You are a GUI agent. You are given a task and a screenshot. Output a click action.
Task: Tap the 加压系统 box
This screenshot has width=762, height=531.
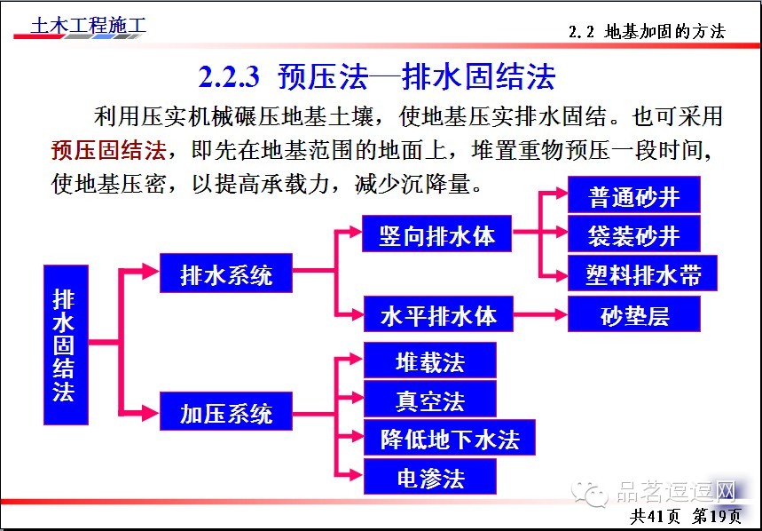(x=226, y=413)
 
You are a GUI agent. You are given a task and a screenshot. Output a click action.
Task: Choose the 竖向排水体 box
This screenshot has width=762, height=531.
(x=437, y=236)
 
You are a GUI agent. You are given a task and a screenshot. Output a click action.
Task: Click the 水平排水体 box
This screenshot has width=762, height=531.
(x=438, y=315)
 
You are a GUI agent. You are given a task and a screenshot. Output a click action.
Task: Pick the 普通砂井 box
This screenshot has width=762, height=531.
(x=634, y=195)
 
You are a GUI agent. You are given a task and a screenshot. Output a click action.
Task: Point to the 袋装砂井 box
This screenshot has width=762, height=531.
(x=634, y=234)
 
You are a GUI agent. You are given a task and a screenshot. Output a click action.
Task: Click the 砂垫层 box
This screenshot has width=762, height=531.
(x=634, y=315)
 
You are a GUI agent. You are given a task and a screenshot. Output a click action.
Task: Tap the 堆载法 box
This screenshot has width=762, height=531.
(x=429, y=361)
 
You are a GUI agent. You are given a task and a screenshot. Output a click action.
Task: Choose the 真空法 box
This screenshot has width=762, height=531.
(x=429, y=400)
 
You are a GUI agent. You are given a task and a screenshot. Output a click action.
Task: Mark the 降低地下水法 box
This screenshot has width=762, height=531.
(x=450, y=439)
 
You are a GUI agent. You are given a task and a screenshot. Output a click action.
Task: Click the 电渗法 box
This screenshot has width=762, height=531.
(x=429, y=478)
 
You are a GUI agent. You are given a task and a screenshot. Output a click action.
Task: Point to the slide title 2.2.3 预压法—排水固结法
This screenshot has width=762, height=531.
(x=376, y=77)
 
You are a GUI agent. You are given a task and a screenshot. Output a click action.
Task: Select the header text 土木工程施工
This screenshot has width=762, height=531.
(x=88, y=26)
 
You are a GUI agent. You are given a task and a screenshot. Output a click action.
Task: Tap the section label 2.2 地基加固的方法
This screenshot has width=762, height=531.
(x=647, y=32)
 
